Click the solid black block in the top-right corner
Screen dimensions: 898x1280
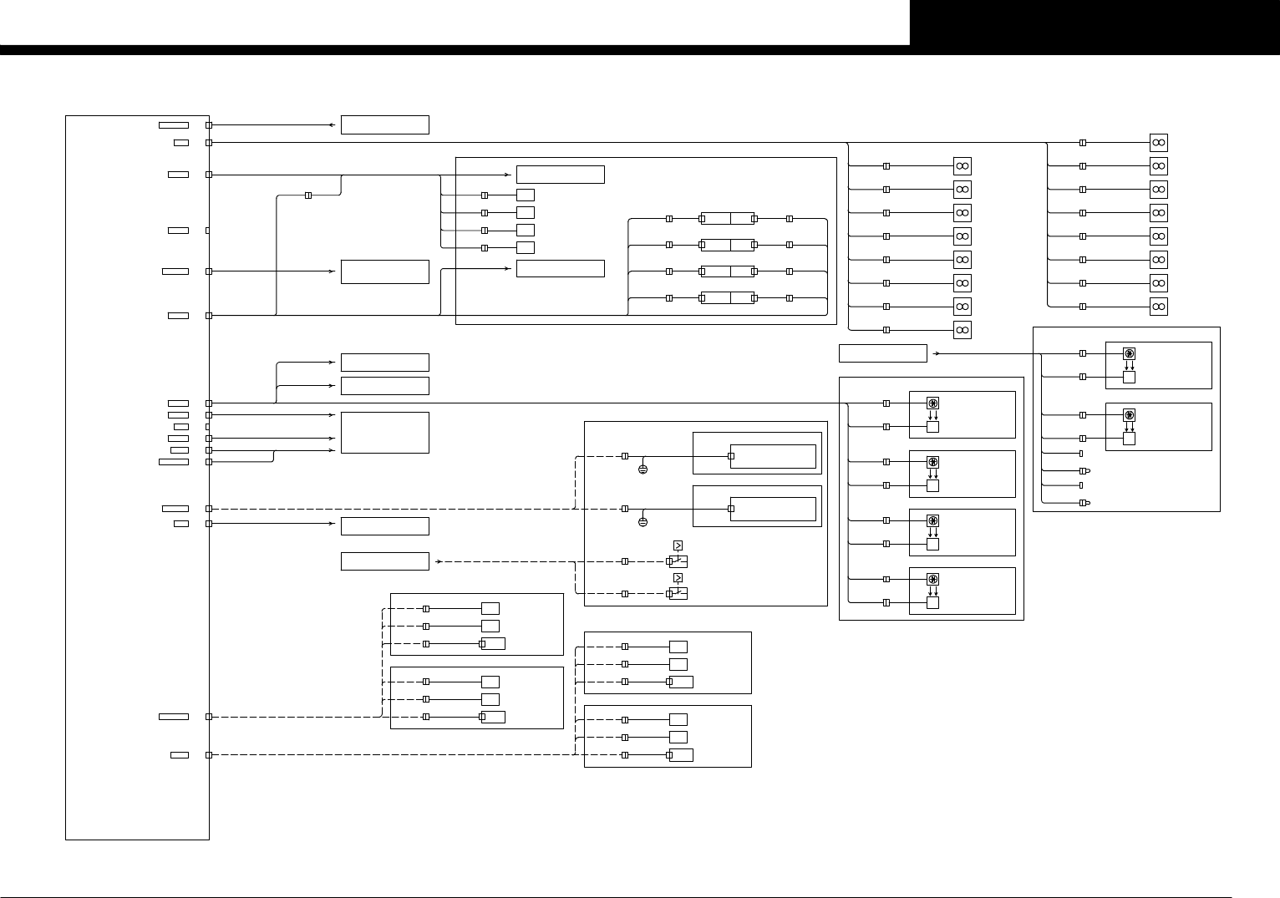click(x=1095, y=23)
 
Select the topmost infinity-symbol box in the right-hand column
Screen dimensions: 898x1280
click(x=1158, y=143)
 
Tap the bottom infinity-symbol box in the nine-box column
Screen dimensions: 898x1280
click(x=963, y=330)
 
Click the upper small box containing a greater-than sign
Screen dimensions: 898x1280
click(x=678, y=545)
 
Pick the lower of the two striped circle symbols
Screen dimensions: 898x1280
click(x=643, y=522)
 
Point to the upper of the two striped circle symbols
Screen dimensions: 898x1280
click(x=643, y=470)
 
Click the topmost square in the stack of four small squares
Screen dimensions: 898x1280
click(x=526, y=195)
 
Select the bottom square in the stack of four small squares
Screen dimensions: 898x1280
click(x=526, y=247)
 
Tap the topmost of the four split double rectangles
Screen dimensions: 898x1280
click(x=728, y=219)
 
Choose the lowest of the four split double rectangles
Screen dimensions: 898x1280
click(x=728, y=298)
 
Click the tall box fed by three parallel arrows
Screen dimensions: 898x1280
click(x=384, y=433)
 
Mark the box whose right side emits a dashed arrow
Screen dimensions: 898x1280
click(x=384, y=561)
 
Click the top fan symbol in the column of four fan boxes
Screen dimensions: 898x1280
click(x=932, y=403)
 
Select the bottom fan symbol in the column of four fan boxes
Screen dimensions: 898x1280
click(x=932, y=580)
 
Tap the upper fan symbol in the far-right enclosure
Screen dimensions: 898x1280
click(x=1129, y=354)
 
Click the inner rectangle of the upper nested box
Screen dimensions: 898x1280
click(x=773, y=457)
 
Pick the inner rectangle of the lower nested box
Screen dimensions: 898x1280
click(x=773, y=509)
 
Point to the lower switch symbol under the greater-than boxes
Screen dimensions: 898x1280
click(x=678, y=593)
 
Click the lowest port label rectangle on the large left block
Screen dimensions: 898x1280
click(x=180, y=755)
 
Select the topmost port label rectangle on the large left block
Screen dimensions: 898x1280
click(x=174, y=125)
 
